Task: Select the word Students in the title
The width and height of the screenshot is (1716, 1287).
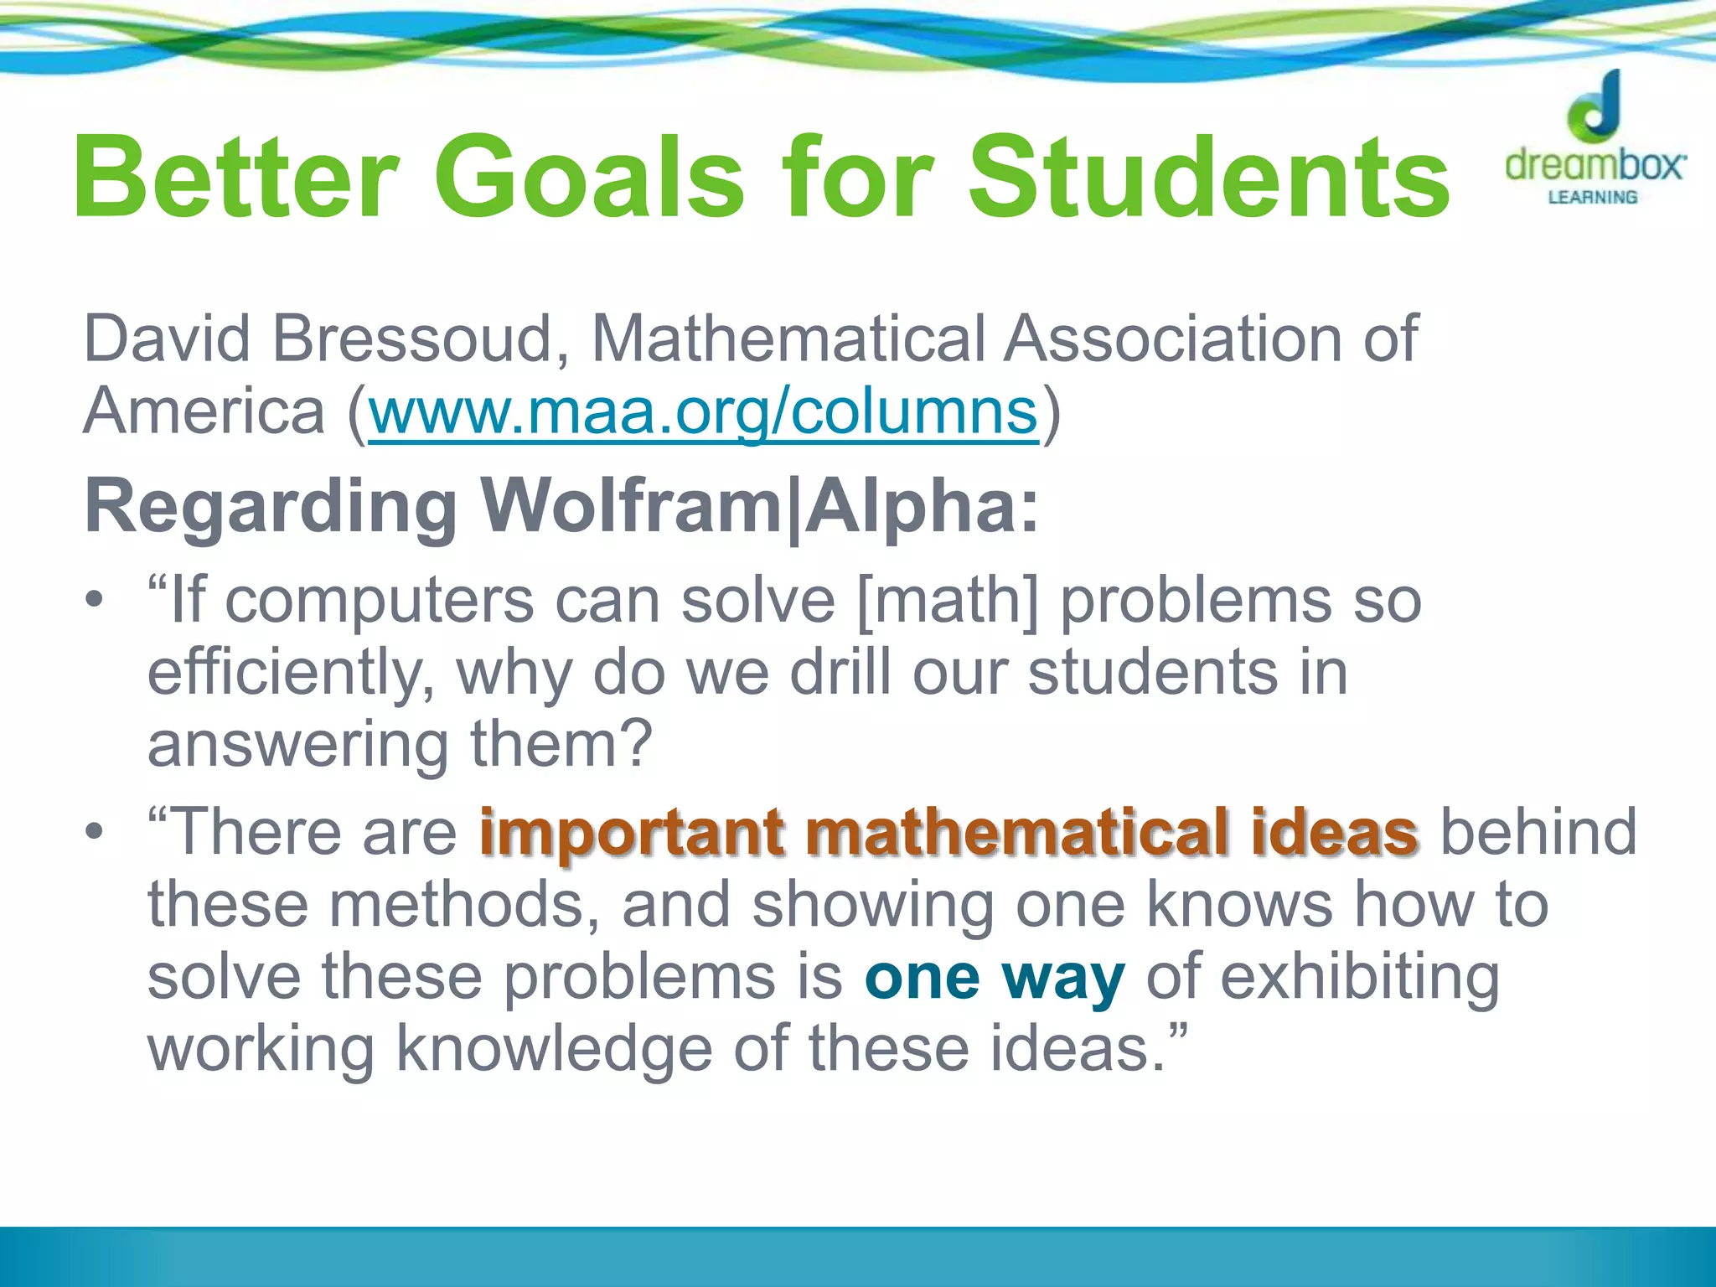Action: [x=1210, y=178]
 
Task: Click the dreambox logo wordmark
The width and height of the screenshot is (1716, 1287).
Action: [x=1595, y=164]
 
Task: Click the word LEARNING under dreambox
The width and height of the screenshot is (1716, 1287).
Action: [x=1593, y=198]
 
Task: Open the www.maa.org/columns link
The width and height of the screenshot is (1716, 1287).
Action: [x=703, y=412]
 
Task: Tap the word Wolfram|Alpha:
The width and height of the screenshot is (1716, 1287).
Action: [x=759, y=508]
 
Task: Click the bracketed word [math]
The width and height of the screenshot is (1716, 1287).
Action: [x=948, y=602]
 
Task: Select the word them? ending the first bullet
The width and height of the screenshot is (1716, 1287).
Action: [x=561, y=745]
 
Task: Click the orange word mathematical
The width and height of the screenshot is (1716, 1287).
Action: [x=1018, y=833]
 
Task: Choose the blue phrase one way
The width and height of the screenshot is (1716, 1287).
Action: [x=995, y=978]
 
